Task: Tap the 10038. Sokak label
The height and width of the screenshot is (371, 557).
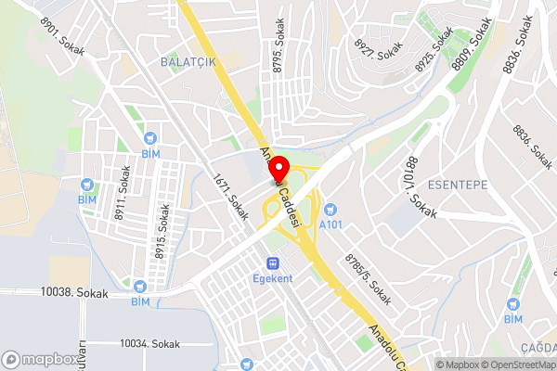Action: point(74,293)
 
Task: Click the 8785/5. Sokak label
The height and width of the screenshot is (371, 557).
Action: point(369,277)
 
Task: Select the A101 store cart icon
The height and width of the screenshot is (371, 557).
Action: point(330,210)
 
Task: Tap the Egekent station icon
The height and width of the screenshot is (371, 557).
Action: point(273,263)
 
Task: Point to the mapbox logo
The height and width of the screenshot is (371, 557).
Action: point(40,359)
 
